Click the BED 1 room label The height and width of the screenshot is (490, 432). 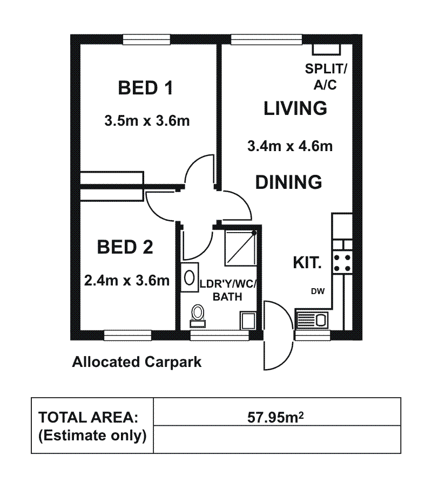145,88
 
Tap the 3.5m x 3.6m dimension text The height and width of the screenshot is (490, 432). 147,121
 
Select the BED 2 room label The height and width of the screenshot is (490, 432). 125,247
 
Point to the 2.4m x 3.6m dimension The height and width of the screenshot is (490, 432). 127,281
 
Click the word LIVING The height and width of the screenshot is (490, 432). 295,108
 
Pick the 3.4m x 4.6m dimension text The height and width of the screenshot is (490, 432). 290,146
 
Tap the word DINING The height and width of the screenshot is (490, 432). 289,182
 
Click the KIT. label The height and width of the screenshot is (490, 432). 307,262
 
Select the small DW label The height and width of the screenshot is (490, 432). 318,291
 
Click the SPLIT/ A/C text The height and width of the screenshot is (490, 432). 326,77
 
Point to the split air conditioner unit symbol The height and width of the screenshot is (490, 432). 326,49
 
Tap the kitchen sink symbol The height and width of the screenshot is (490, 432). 311,319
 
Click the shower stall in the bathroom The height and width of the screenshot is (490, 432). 241,248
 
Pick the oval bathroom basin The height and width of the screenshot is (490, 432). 189,277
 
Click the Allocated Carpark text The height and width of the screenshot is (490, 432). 137,362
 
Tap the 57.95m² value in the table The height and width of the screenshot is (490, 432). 275,417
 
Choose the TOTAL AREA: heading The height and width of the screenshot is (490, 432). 88,418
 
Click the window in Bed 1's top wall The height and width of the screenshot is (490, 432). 146,39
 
